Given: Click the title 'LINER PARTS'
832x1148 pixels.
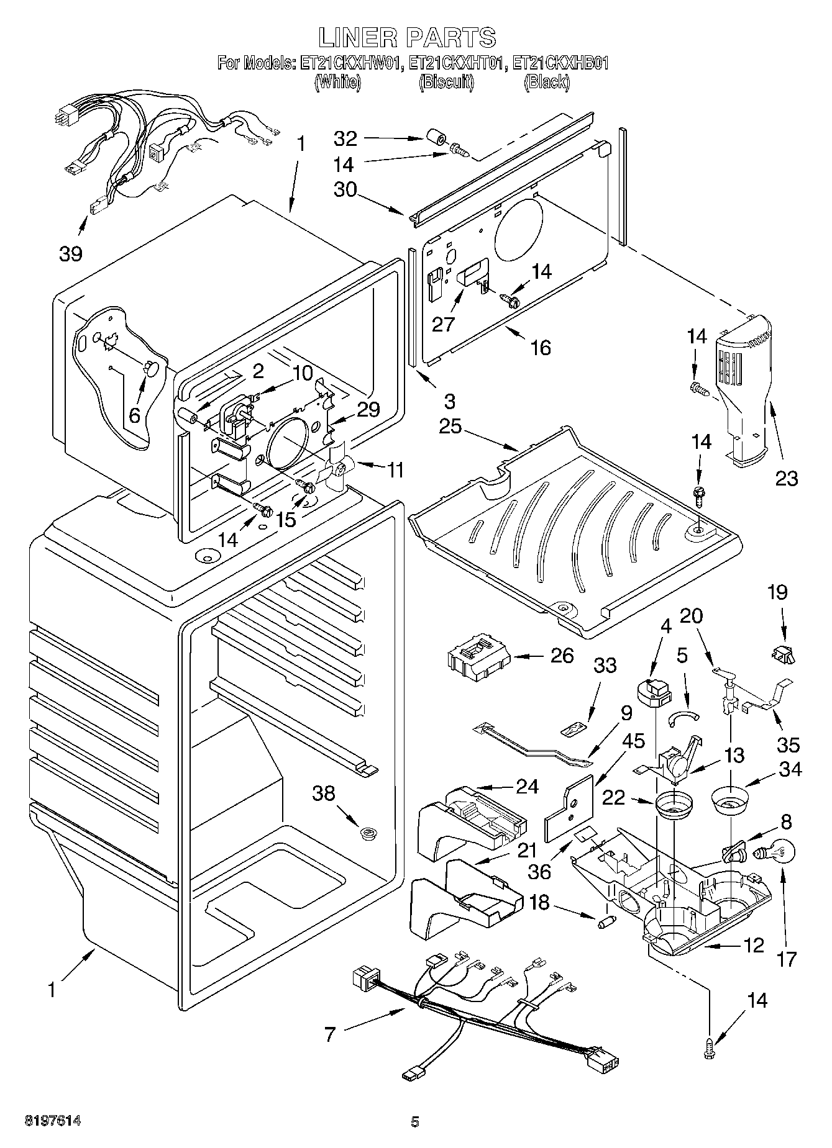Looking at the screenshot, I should click(x=408, y=38).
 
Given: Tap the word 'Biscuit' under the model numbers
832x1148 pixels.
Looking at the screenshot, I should click(x=446, y=81).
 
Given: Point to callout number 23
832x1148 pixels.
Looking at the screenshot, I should click(x=786, y=478).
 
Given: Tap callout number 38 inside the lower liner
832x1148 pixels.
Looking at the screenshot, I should click(x=324, y=793).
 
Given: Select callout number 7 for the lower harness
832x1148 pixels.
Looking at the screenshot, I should click(x=330, y=1034).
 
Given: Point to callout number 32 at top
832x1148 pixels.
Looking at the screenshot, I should click(x=346, y=138).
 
